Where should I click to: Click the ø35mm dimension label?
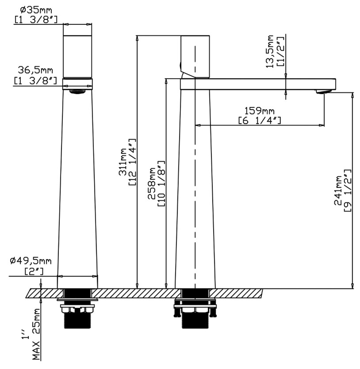pos(36,10)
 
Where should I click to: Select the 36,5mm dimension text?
pos(35,70)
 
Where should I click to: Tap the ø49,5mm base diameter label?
pos(31,261)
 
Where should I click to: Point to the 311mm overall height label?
pos(123,162)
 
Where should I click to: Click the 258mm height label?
pos(152,183)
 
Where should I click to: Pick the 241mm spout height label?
pos(338,190)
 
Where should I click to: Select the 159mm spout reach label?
pos(259,110)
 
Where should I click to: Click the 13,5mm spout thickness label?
pos(270,52)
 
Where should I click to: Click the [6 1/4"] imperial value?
pos(260,121)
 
